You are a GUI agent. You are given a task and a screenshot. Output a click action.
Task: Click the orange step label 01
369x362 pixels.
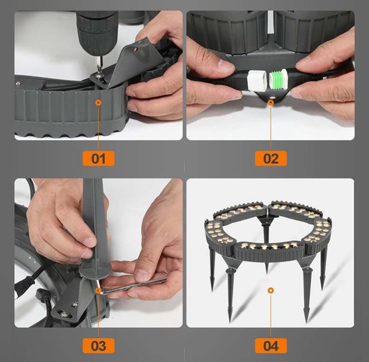(x=98, y=158)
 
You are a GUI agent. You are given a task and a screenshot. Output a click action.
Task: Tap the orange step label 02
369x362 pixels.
(x=270, y=158)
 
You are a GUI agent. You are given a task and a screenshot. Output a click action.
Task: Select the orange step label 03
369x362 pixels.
(x=98, y=346)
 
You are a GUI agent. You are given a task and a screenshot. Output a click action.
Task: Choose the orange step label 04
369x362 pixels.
(x=270, y=346)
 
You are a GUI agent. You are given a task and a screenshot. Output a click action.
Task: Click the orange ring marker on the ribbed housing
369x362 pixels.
(x=98, y=102)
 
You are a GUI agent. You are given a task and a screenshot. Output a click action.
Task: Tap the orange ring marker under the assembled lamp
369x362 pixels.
(x=270, y=291)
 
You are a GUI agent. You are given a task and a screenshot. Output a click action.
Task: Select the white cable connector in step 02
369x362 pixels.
(x=255, y=80)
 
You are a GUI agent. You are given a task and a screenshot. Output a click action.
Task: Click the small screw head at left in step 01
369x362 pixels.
(x=18, y=84)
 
